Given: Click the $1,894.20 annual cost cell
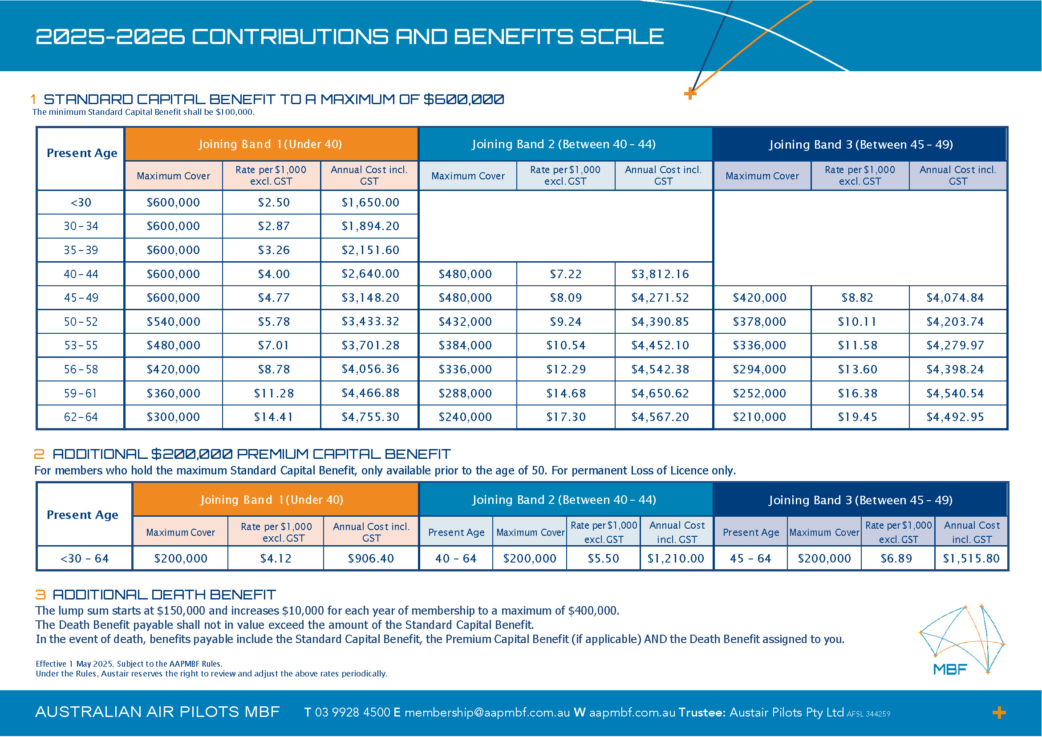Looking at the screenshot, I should tap(370, 226).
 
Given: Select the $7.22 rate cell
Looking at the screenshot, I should tap(565, 274).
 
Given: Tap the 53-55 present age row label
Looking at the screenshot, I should tap(81, 345).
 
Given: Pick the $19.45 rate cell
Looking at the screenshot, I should tap(857, 417).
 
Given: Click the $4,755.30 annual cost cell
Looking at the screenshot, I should tap(370, 417).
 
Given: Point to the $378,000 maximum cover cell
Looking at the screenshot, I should tap(759, 322).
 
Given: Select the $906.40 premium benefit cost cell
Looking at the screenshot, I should tap(371, 558).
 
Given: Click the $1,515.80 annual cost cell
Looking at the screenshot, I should tap(971, 558).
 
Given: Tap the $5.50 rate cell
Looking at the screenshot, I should tap(603, 558).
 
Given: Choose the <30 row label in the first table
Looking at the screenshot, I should tap(81, 202).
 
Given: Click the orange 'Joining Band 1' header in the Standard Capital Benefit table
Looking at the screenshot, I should tap(271, 144).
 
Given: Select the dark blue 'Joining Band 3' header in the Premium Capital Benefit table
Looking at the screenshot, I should tap(860, 500).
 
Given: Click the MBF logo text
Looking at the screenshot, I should tap(950, 669).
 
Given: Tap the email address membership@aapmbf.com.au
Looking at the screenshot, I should tap(487, 713).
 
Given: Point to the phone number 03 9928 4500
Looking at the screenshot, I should tap(352, 713).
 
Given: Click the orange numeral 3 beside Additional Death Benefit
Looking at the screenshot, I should tap(41, 595).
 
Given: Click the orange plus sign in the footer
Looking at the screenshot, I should tap(999, 713).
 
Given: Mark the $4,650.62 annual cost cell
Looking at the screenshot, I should tap(660, 393).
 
